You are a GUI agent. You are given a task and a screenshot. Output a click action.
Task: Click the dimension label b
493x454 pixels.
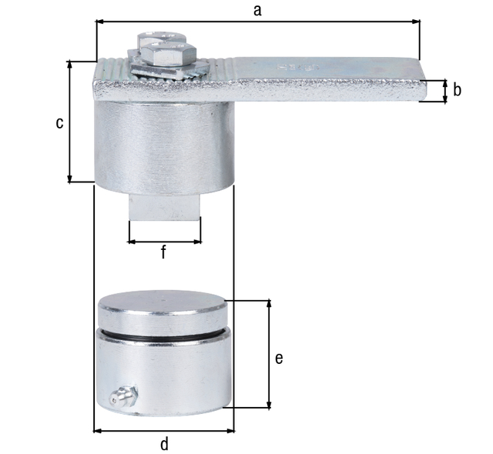[x=457, y=90]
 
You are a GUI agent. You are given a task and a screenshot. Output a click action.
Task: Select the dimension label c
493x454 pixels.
[x=59, y=123]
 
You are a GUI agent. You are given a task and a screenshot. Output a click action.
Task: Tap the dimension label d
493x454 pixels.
[x=164, y=443]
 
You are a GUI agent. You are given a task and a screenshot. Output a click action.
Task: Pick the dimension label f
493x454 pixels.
[x=163, y=252]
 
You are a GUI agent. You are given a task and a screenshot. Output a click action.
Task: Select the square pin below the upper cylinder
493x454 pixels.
[x=163, y=208]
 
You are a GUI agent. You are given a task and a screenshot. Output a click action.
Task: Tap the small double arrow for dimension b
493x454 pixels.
[x=444, y=91]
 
